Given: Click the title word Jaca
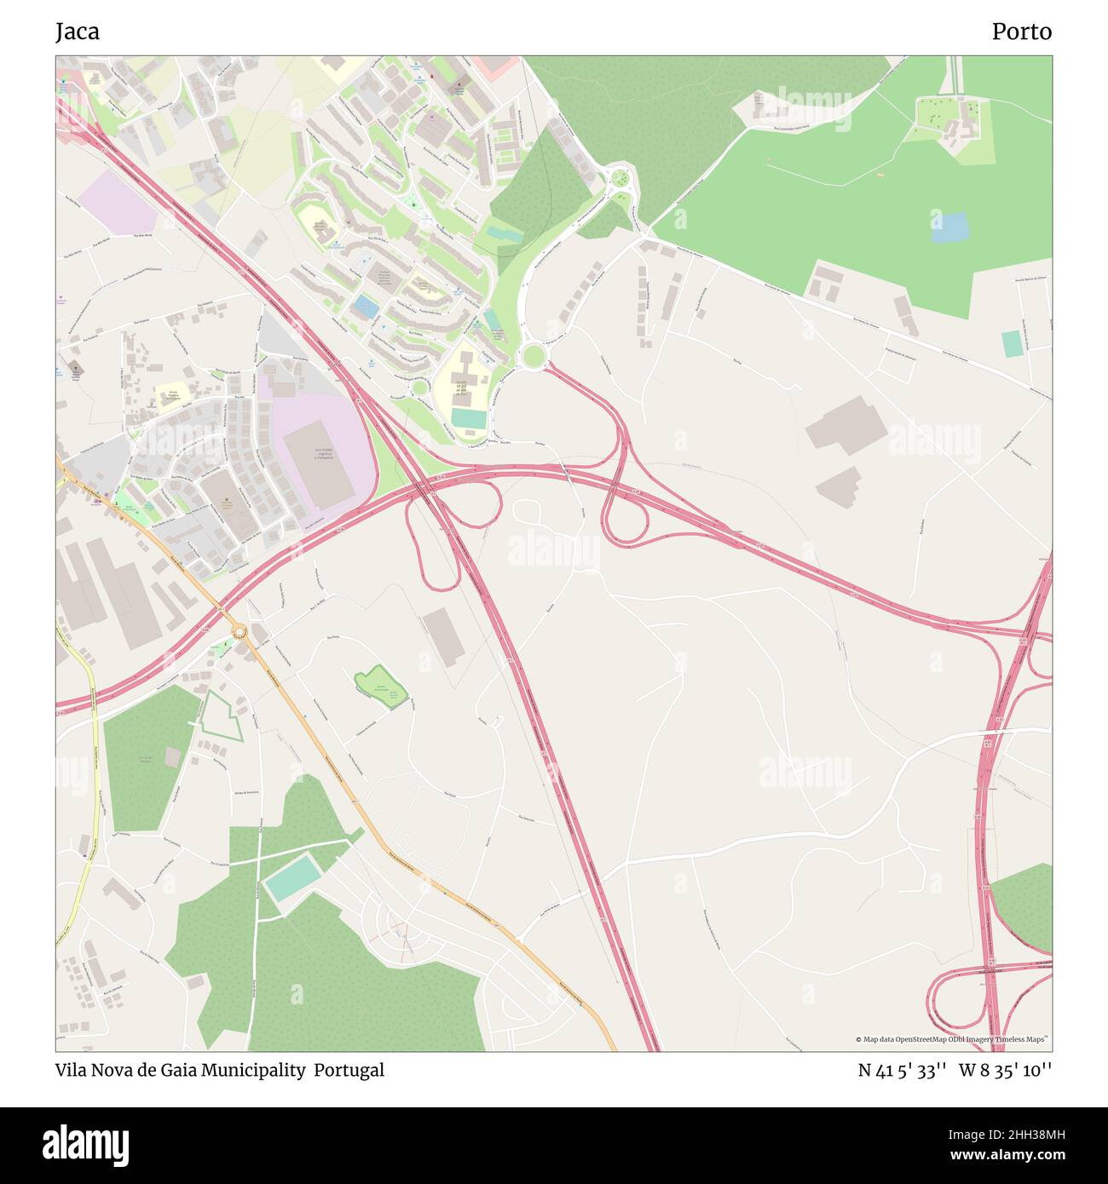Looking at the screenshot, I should (78, 32).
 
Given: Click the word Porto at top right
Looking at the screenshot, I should (1021, 32).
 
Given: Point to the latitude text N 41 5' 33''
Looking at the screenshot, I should (903, 1070).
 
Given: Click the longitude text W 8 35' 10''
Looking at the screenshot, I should (1005, 1070).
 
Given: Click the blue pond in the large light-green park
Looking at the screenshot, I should (949, 227).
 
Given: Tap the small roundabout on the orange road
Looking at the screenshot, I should (239, 631).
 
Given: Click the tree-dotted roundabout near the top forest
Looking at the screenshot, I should (621, 179).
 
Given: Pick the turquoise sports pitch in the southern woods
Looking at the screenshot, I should (292, 879).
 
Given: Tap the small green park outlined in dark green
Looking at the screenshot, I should (380, 684).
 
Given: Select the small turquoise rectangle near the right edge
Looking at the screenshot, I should (1012, 343).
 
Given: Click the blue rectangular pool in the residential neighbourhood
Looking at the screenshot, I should (367, 306).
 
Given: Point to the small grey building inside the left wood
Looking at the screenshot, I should (173, 756).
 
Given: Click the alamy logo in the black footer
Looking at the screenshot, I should (86, 1144).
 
